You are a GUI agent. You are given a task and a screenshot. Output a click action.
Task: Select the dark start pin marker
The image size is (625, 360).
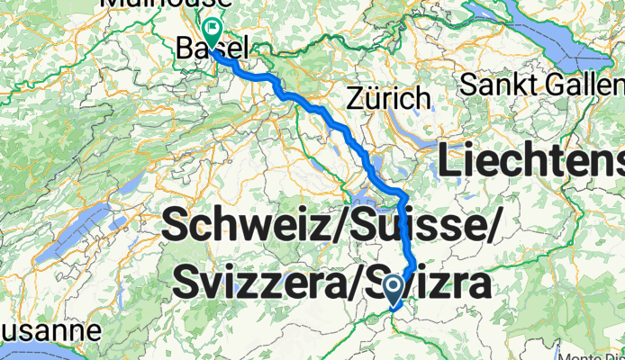[x=394, y=291]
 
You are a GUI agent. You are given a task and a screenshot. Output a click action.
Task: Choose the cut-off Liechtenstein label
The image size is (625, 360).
[x=531, y=163]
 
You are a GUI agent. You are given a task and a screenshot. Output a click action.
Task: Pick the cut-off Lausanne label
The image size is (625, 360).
[x=50, y=330]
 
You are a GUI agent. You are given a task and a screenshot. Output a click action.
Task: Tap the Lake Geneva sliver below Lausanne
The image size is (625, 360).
[x=27, y=353]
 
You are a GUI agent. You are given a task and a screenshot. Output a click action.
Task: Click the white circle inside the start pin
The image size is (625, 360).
[x=394, y=286]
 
